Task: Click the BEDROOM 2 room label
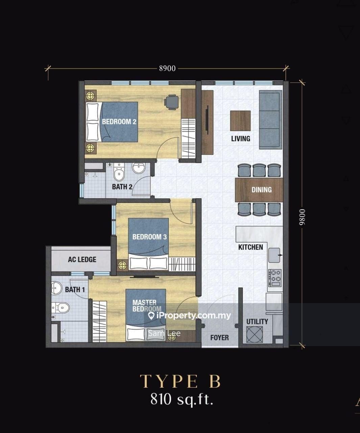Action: point(119,121)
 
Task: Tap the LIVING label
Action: point(240,138)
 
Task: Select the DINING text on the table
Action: point(261,190)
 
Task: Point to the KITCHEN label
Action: point(250,247)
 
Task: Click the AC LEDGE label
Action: point(82,259)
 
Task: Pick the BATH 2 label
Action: point(122,187)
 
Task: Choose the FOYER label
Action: point(219,338)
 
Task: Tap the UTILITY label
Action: point(257,322)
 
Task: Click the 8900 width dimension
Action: point(167,68)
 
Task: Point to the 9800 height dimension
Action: point(302,217)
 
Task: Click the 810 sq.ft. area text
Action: point(182,400)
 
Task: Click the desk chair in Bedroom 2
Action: point(172,102)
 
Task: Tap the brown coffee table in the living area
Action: point(240,121)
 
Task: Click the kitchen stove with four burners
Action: point(275,277)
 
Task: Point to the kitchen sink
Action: point(274,255)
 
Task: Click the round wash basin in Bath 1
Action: point(56,288)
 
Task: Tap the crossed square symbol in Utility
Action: point(255,335)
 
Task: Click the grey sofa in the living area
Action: point(270,120)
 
